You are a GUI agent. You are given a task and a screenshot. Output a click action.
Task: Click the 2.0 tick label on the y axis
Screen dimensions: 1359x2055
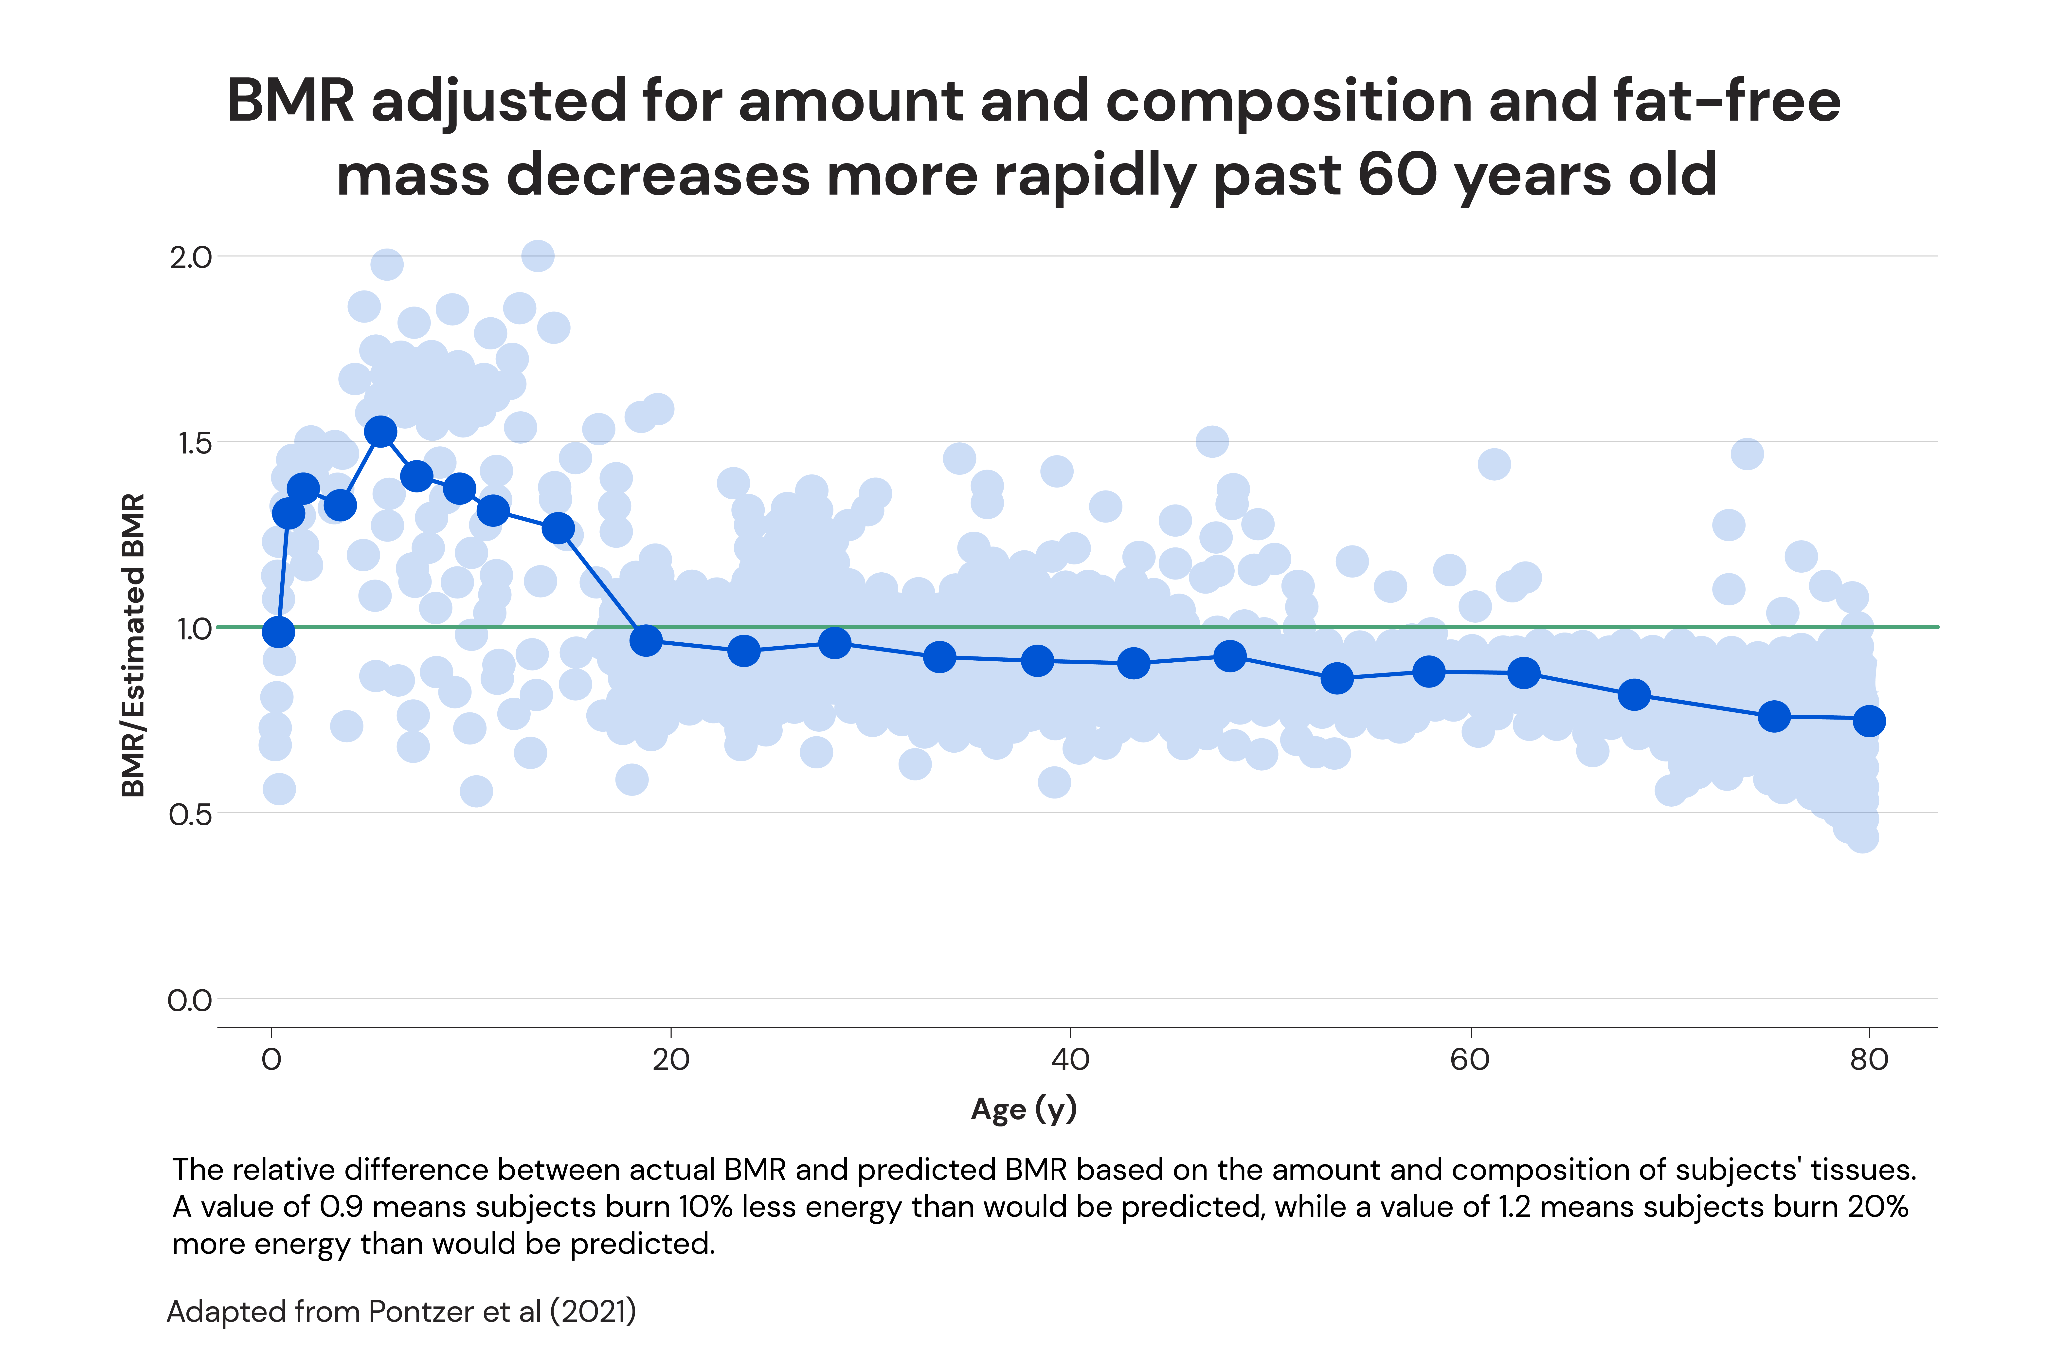click(190, 257)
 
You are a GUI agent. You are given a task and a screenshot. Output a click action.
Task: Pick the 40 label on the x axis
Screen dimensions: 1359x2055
click(1070, 1059)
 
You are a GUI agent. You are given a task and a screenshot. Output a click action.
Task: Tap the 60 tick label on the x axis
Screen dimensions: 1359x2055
click(1470, 1059)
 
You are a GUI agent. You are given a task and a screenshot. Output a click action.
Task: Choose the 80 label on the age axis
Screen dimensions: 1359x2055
click(1869, 1059)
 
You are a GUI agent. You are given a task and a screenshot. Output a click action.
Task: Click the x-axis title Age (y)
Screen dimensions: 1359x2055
click(1024, 1109)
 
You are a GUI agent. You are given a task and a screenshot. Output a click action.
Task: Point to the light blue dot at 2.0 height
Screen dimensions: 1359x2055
click(537, 256)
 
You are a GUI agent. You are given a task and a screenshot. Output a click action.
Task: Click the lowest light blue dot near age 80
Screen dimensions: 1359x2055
click(1862, 837)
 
